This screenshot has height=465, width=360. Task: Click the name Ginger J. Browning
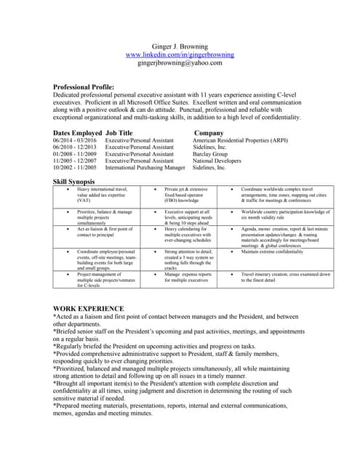(180, 46)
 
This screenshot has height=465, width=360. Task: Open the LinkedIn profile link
(180, 54)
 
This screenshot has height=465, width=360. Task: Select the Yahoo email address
(180, 63)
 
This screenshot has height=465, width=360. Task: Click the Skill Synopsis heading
(78, 180)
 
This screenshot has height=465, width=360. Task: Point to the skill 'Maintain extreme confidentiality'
(273, 252)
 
